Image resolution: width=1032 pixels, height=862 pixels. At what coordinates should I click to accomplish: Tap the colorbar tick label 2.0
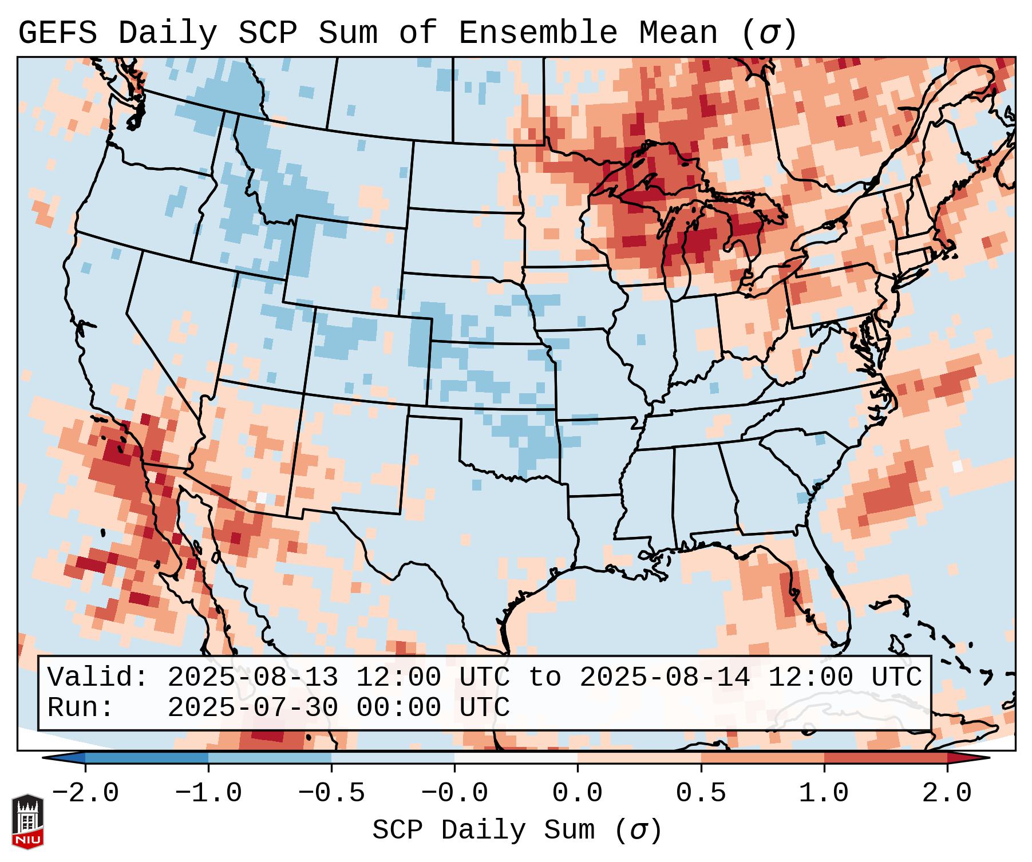click(947, 793)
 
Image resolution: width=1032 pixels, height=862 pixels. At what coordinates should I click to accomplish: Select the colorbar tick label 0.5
click(701, 793)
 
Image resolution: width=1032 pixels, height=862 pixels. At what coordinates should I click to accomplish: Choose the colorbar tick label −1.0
click(208, 793)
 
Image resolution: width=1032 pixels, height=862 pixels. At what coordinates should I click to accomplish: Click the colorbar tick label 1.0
click(824, 793)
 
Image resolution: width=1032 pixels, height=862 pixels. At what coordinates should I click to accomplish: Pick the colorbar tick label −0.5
click(331, 793)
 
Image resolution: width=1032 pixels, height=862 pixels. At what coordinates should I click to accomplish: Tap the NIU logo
click(27, 821)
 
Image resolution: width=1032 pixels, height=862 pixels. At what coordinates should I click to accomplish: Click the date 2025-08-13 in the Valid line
click(252, 677)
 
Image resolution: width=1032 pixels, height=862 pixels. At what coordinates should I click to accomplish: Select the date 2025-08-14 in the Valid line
click(665, 677)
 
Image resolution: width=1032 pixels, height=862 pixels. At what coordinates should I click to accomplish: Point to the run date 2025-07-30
click(252, 707)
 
